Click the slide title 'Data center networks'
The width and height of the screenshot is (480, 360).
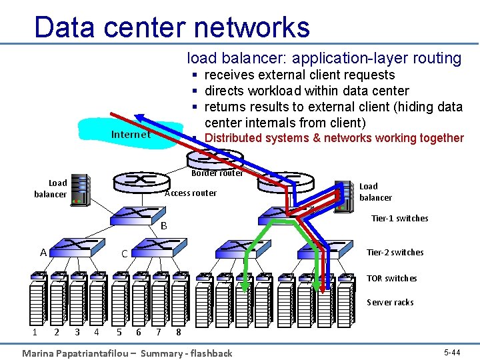172,27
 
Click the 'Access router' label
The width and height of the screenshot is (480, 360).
190,193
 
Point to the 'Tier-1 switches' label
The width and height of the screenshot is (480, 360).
399,218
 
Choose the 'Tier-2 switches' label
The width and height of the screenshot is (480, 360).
395,252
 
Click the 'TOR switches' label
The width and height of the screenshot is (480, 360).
391,278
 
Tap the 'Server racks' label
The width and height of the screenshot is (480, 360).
390,302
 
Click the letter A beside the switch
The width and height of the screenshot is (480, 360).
43,253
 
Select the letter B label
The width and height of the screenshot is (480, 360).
163,226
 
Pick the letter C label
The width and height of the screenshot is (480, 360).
124,254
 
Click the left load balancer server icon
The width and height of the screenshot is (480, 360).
80,189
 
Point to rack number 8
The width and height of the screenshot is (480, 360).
178,331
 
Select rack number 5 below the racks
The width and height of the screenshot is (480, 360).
119,331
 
